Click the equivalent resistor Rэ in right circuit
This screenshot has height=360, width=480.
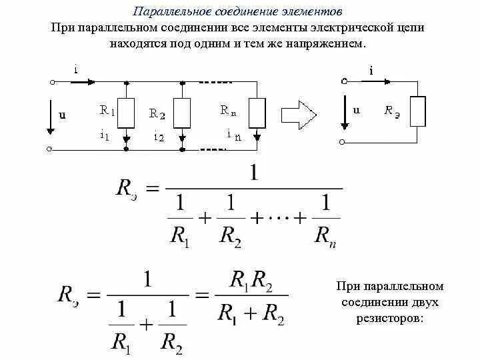click(x=417, y=111)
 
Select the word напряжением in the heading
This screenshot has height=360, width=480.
click(x=331, y=43)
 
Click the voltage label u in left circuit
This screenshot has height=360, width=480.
click(x=63, y=115)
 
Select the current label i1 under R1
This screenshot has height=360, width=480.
click(x=105, y=135)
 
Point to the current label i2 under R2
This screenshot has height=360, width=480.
click(x=158, y=136)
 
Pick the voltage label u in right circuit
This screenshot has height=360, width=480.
click(x=356, y=111)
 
